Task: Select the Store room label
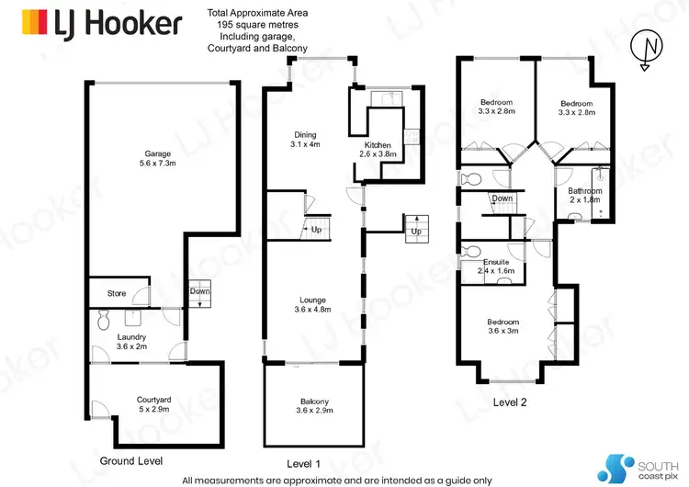pyautogui.click(x=117, y=294)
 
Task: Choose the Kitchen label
pyautogui.click(x=378, y=150)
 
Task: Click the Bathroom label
pyautogui.click(x=584, y=196)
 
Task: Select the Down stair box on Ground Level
pyautogui.click(x=200, y=291)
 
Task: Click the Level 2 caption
pyautogui.click(x=511, y=402)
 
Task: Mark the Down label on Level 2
pyautogui.click(x=502, y=198)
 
